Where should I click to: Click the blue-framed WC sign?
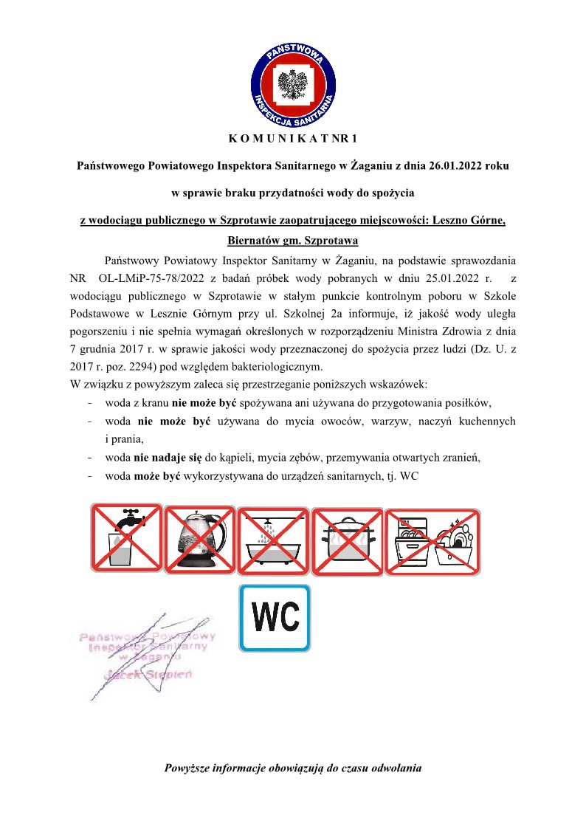[275, 618]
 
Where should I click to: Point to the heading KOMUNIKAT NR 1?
[292, 138]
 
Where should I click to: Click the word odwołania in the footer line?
[396, 768]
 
